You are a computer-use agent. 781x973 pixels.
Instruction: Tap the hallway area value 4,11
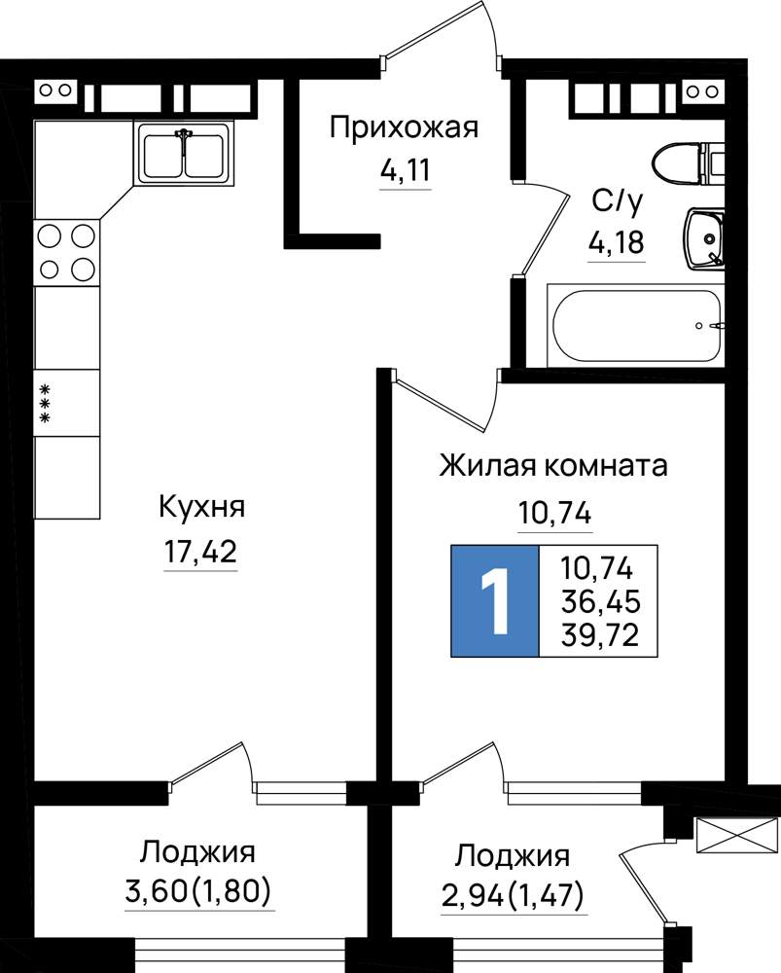coord(405,169)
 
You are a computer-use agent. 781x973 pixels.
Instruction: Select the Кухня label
coord(202,508)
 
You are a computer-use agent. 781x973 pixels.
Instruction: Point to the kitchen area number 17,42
coord(200,551)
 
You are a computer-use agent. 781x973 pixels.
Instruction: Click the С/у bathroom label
coord(618,201)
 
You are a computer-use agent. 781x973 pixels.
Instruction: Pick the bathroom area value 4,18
coord(617,242)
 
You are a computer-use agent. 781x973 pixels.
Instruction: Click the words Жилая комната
coord(553,465)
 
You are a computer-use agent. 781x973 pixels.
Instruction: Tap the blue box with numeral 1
coord(495,600)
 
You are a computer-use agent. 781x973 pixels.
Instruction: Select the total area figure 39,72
coord(600,634)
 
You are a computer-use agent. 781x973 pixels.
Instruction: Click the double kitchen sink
coord(184,154)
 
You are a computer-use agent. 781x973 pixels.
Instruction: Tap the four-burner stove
coord(66,253)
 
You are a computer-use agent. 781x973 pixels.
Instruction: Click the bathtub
coord(636,326)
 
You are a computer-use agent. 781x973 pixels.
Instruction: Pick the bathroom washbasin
coord(705,238)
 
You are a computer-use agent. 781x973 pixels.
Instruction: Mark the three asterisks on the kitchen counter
coord(45,404)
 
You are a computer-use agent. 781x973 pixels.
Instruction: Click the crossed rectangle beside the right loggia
coord(736,835)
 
